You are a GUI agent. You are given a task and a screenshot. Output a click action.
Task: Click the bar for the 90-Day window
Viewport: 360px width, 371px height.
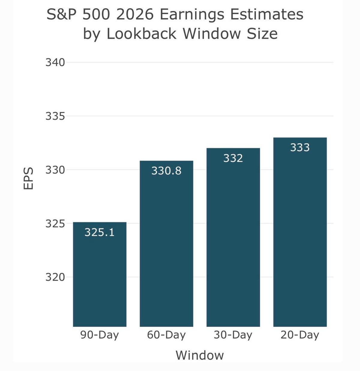pos(100,279)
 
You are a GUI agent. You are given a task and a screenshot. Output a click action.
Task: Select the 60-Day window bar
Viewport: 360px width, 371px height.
pos(166,249)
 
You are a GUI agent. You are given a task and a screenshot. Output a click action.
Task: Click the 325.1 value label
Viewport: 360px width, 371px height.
pos(100,232)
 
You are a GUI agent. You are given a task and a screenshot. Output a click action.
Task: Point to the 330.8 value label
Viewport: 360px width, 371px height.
pos(166,171)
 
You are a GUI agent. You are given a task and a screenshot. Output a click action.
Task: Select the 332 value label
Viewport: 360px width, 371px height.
pos(233,158)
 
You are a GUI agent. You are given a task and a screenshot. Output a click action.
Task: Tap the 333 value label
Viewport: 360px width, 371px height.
pos(300,147)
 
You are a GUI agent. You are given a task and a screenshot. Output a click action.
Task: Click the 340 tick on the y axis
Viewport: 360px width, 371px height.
pos(55,62)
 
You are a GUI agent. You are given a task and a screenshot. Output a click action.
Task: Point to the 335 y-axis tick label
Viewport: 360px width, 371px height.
pos(55,116)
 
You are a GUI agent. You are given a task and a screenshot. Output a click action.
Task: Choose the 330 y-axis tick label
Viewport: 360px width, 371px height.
pos(55,170)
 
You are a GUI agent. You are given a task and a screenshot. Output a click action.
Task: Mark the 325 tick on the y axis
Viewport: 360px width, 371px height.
pos(55,224)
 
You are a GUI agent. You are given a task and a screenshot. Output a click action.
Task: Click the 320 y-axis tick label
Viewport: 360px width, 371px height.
pos(55,277)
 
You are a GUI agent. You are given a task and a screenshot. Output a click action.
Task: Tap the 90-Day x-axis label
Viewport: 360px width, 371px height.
pos(100,335)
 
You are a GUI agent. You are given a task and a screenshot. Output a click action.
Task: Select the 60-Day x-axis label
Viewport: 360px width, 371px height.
pos(166,335)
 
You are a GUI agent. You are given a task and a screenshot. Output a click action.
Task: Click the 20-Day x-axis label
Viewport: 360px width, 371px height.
pos(300,335)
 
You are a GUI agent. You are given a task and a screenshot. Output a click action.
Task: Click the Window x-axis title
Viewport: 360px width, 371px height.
pos(200,355)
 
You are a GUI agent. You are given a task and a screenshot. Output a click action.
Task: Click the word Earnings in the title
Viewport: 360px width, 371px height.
pos(192,14)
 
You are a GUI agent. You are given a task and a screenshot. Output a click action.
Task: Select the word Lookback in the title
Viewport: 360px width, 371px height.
pos(142,34)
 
